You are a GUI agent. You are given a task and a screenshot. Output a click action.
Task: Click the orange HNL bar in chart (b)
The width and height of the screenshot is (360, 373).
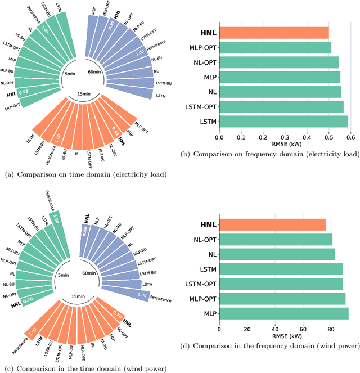coord(273,33)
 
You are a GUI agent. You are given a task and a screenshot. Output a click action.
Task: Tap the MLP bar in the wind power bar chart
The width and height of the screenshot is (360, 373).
coord(283,313)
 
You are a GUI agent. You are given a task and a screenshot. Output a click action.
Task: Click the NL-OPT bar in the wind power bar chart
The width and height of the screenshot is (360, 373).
coord(276,240)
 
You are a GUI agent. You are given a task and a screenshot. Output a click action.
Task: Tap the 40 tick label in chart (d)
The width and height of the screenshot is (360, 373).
coord(275,329)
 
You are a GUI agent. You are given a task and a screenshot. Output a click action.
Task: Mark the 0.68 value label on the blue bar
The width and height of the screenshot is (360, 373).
coord(85,232)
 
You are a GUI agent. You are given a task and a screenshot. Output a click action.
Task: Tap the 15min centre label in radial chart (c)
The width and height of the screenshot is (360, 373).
coord(78,296)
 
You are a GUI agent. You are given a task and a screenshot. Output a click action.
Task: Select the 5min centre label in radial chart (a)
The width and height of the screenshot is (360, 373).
coord(70,74)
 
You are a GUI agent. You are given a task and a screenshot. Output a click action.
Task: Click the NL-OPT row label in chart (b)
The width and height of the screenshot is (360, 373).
coord(202,62)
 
